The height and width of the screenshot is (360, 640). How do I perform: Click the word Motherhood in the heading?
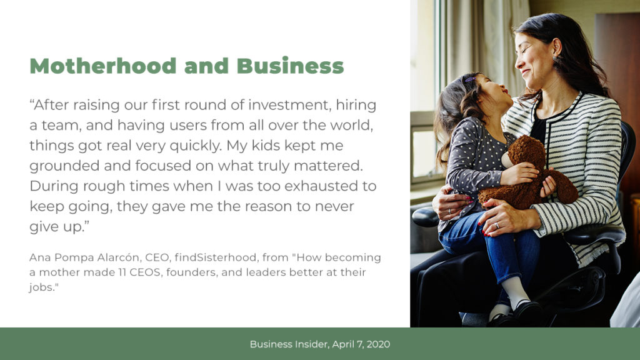(x=103, y=66)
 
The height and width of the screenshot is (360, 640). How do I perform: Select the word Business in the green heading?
(x=290, y=66)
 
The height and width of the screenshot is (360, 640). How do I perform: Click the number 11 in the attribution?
(x=122, y=272)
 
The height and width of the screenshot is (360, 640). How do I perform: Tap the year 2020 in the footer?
(x=378, y=344)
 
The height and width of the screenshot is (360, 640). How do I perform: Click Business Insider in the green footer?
(x=289, y=344)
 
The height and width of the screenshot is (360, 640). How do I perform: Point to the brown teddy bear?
(x=528, y=174)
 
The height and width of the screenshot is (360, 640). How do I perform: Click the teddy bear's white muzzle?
(x=507, y=160)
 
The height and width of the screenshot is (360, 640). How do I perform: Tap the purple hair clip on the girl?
(x=471, y=79)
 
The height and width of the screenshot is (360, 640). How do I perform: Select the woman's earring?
(x=555, y=58)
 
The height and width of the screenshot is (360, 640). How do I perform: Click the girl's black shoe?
(x=528, y=313)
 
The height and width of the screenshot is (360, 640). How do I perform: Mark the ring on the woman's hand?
(x=497, y=225)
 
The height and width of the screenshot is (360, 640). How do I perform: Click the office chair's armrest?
(x=424, y=217)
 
